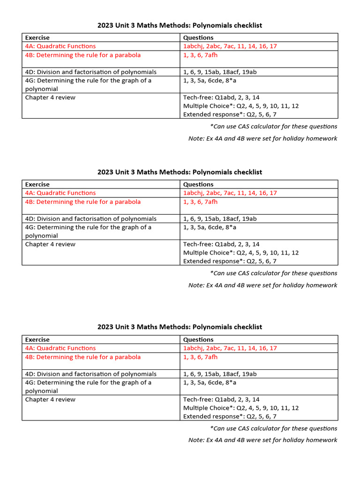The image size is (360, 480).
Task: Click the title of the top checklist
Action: click(180, 25)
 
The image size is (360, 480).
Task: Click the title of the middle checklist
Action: click(180, 172)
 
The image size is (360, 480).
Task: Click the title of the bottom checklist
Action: click(180, 327)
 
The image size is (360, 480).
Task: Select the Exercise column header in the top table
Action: click(37, 37)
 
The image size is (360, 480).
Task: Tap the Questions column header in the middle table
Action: click(198, 184)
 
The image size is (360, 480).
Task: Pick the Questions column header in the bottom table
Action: click(198, 339)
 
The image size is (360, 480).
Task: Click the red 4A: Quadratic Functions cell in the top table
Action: click(60, 46)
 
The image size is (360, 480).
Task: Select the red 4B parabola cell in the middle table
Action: click(83, 202)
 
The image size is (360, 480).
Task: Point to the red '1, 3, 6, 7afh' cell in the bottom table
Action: click(201, 357)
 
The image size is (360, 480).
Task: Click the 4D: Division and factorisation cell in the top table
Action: click(91, 72)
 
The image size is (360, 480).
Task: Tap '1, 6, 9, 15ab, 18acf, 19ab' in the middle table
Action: click(220, 219)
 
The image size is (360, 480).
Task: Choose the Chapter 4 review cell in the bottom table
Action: click(50, 399)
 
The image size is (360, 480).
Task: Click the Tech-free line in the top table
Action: click(221, 97)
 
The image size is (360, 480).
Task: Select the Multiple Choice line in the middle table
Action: click(241, 253)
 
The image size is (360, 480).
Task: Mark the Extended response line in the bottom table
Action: click(230, 416)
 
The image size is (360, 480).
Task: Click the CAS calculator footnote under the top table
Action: click(274, 126)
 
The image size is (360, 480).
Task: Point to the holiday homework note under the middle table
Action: click(262, 285)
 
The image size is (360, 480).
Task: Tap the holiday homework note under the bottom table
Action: click(262, 440)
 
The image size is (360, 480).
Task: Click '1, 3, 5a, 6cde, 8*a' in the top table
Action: click(210, 81)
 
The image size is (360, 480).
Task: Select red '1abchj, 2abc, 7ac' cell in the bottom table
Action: click(230, 348)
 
